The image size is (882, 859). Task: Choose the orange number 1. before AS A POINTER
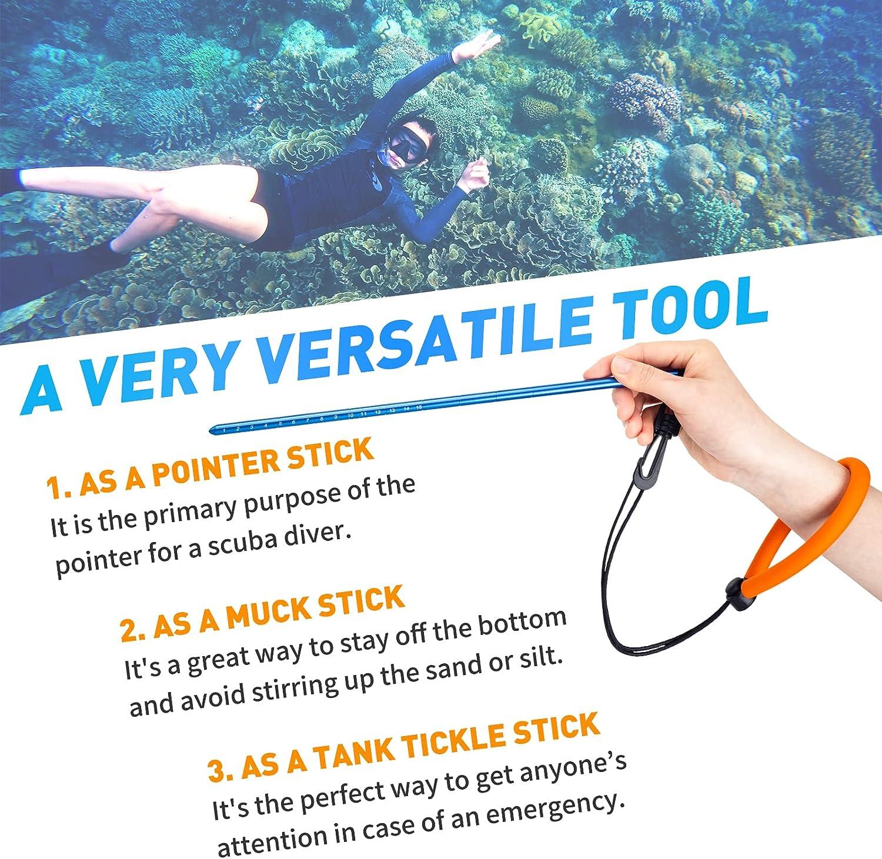[x=58, y=487]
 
